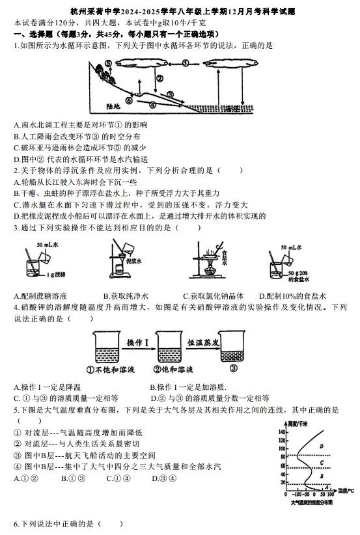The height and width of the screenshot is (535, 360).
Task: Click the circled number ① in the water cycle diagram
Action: (186, 63)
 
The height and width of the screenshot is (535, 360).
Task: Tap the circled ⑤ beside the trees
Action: (108, 64)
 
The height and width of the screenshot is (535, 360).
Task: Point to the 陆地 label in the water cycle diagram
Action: (113, 106)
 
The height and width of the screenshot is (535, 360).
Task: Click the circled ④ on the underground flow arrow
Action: (152, 104)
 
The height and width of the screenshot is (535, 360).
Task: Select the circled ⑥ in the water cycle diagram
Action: (129, 101)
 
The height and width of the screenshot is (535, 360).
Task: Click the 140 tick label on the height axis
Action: (282, 432)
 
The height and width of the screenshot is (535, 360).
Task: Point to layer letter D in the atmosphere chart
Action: (321, 446)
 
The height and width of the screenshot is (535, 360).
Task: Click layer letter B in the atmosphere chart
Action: (321, 476)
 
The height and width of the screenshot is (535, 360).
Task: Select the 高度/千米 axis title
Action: (298, 424)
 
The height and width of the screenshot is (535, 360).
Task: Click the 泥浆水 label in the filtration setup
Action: (133, 262)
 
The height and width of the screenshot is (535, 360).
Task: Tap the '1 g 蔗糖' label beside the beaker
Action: (56, 274)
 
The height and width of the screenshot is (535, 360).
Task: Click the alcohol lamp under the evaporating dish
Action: (208, 269)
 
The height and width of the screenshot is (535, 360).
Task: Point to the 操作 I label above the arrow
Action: (137, 342)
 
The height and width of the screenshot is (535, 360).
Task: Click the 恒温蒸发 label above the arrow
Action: (203, 342)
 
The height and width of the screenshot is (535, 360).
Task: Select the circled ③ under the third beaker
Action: (234, 368)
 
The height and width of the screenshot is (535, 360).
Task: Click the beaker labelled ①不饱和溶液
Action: (107, 347)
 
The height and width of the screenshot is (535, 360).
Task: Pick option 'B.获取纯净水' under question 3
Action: (126, 296)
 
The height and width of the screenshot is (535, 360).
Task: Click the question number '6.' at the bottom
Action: (17, 524)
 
